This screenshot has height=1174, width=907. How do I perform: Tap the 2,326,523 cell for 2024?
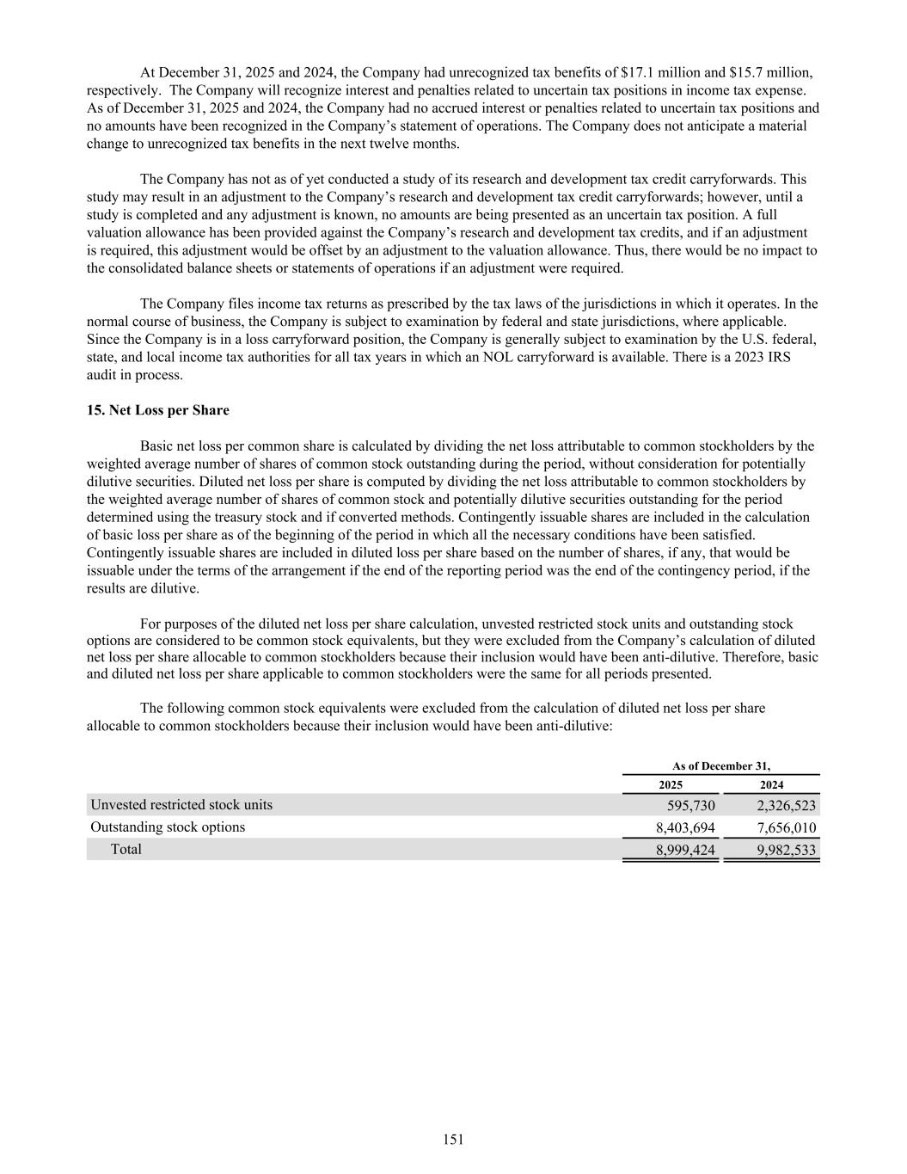[x=787, y=806]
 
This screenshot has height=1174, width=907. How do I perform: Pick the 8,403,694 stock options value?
[x=685, y=828]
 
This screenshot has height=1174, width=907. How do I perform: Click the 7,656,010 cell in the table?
[x=787, y=828]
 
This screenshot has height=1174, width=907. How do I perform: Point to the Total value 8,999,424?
[x=685, y=851]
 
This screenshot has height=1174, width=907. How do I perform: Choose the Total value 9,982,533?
[x=787, y=851]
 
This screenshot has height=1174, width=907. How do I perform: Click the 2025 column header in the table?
[x=671, y=785]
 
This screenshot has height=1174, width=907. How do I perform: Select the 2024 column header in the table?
[x=771, y=785]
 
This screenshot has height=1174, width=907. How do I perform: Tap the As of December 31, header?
[x=720, y=765]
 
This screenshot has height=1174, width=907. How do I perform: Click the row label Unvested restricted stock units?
[x=181, y=805]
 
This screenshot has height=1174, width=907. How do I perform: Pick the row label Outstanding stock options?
[x=168, y=827]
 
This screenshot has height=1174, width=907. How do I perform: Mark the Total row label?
[x=126, y=850]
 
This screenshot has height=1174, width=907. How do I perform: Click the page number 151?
[x=453, y=1140]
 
